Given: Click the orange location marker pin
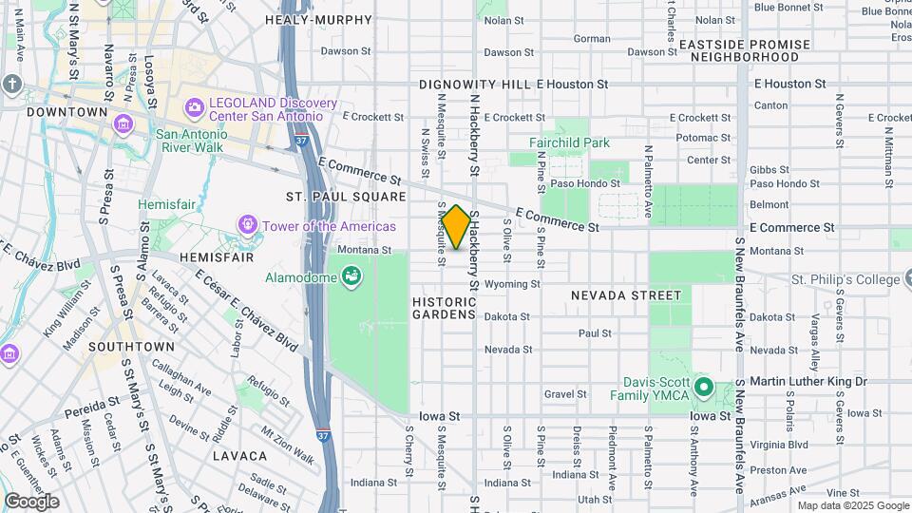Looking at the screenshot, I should click(x=456, y=227).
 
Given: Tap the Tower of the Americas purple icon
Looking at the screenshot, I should click(x=247, y=225).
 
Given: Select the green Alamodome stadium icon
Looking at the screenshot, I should click(x=352, y=276).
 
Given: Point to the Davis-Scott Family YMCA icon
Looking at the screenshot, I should click(x=703, y=388).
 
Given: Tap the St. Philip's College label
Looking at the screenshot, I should click(x=845, y=279).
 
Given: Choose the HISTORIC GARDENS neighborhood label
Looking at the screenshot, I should click(x=444, y=307).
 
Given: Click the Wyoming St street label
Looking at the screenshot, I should click(x=511, y=284).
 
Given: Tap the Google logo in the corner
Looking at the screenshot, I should click(x=31, y=502).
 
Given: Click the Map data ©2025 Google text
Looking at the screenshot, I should click(x=853, y=505).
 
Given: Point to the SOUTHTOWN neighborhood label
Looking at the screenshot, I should click(x=131, y=347).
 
